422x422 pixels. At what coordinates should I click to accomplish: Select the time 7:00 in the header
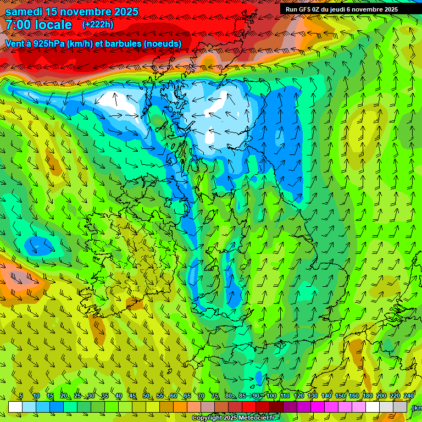coord(19,25)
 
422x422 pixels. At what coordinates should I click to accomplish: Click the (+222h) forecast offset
coord(98,25)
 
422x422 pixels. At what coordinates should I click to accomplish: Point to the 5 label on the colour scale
coord(21,396)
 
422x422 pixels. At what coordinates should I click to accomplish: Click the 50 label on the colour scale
coord(146,396)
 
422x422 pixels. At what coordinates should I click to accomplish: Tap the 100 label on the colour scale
coord(271,396)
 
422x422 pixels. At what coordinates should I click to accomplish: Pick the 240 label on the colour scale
coord(409,396)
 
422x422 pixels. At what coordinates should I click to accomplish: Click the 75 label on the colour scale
coord(215,396)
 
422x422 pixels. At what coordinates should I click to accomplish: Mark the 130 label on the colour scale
coord(313,396)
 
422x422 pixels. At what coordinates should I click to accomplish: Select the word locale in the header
coord(54,25)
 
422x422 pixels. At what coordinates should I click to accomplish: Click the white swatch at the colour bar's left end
coord(15,407)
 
